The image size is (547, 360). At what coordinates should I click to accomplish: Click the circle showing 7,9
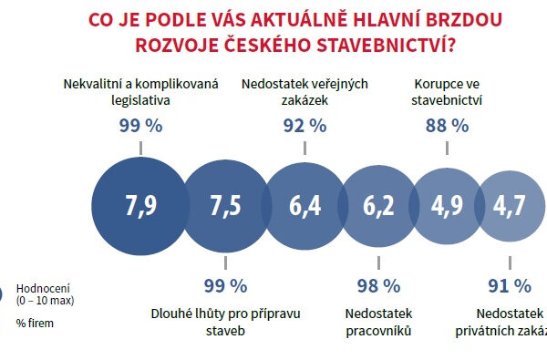141,207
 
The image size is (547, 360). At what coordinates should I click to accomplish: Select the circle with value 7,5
225,207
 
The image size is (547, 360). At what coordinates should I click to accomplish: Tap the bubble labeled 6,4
305,207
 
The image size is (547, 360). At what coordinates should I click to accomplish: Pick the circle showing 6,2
378,207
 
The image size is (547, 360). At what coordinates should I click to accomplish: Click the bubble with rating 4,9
446,207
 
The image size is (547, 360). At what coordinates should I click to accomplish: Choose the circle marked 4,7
510,207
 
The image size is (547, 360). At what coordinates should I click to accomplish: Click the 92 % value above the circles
304,126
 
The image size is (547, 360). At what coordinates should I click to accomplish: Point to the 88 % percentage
447,126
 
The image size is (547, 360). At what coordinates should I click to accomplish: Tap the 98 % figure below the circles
378,286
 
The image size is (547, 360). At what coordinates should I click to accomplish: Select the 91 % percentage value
509,286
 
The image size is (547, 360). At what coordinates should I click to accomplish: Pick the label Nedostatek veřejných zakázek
304,92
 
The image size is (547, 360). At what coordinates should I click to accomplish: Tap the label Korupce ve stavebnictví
447,92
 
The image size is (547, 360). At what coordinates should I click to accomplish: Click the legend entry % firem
35,322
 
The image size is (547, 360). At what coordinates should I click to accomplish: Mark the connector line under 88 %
447,149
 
